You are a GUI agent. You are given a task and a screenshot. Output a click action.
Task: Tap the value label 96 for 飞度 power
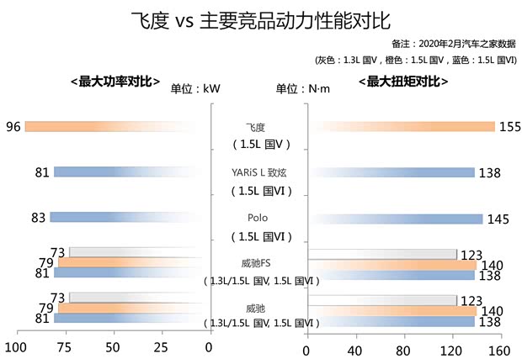click(x=12, y=126)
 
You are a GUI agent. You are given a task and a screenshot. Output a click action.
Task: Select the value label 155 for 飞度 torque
click(x=510, y=127)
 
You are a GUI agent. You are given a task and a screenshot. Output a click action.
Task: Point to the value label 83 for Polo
click(x=39, y=218)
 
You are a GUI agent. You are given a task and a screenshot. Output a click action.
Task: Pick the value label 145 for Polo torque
click(x=498, y=219)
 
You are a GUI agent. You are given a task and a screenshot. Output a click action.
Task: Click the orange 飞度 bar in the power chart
click(x=109, y=126)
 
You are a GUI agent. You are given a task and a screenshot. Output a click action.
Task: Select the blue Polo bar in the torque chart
click(x=396, y=219)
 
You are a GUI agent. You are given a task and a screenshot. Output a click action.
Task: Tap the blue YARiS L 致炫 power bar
click(x=126, y=172)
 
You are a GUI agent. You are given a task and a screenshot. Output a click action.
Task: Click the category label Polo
click(x=258, y=217)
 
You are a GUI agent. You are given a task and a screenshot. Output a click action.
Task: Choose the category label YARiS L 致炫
click(x=258, y=171)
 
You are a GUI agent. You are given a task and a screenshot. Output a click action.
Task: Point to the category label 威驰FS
click(x=258, y=263)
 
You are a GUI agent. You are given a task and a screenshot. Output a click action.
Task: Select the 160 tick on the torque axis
click(x=501, y=350)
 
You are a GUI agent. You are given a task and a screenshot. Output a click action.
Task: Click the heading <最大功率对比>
click(x=115, y=82)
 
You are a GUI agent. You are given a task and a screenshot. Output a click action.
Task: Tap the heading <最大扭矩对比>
click(x=402, y=82)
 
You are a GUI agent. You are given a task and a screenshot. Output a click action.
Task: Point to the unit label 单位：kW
click(x=196, y=89)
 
